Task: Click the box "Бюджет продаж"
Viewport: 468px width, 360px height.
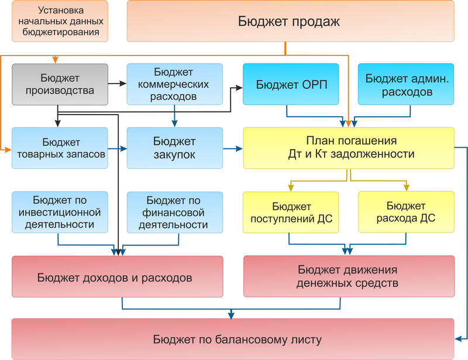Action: coord(290,21)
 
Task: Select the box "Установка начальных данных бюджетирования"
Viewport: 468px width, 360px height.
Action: coord(60,21)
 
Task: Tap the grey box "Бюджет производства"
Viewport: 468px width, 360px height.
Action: coord(60,84)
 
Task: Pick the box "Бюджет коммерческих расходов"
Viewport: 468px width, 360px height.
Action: coord(174,84)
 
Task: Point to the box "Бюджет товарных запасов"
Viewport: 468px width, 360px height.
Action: coord(60,148)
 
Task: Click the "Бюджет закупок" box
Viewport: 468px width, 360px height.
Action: coord(174,148)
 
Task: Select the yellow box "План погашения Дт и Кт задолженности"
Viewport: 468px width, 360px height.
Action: coord(349,148)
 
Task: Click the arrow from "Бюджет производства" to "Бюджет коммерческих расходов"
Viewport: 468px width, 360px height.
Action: coord(118,84)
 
